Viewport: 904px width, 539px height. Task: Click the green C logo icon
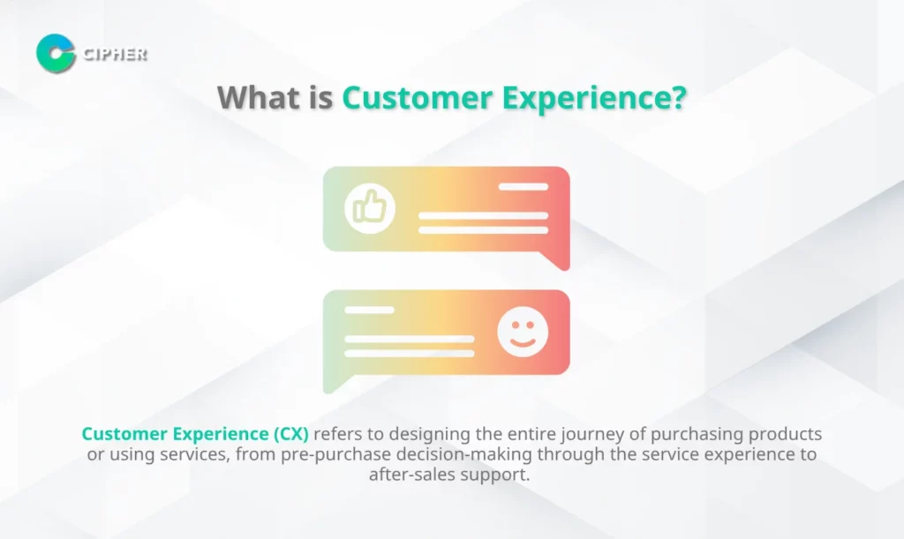coord(56,53)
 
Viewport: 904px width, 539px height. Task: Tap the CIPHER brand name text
coord(115,54)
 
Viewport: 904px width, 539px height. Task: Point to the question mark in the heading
coord(679,97)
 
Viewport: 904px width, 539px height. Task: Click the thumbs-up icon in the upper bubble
coord(370,208)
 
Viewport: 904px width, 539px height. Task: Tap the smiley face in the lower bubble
coord(523,332)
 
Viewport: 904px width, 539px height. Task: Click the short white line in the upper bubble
coord(523,187)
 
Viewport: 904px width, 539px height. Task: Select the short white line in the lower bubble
coord(370,310)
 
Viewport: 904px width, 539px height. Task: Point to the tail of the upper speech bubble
coord(556,260)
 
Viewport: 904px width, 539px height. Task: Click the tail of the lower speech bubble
coord(336,384)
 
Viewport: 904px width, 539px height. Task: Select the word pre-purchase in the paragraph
coord(336,454)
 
